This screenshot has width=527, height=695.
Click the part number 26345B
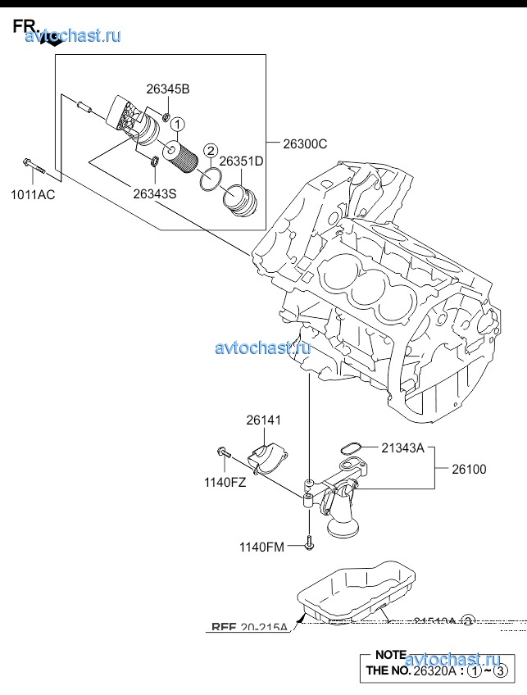coord(168,89)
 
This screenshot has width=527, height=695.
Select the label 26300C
coord(305,144)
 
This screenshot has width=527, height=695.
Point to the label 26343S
coord(154,193)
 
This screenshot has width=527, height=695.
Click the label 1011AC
coord(33,194)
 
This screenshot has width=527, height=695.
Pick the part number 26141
coord(263,420)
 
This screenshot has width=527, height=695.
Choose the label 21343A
coord(402,447)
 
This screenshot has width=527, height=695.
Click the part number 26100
coord(468,470)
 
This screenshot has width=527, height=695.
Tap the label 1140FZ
coord(225,483)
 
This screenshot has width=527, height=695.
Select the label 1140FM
coord(261,547)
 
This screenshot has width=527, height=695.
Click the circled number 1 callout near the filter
coord(179,125)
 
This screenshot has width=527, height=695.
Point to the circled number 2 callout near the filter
coord(211,150)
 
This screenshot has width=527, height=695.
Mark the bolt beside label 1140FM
coord(308,542)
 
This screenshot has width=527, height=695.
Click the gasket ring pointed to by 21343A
coord(350,447)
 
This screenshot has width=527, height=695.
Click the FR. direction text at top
coord(24,26)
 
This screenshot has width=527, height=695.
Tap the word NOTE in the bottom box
coord(390,655)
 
